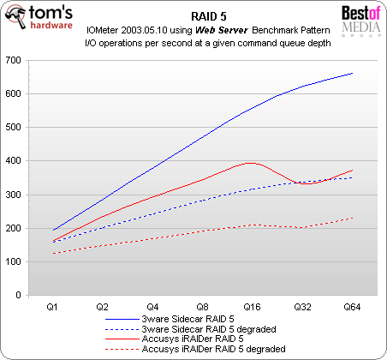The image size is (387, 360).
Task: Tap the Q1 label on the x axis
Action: [x=52, y=305]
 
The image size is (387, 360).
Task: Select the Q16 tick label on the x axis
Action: [x=252, y=305]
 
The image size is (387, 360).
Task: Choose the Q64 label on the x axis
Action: [x=352, y=305]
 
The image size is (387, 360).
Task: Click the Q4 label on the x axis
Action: [x=152, y=305]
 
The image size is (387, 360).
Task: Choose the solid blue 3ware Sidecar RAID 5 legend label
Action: [x=201, y=318]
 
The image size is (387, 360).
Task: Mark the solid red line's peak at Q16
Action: [x=250, y=162]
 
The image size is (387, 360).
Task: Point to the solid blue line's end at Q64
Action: [x=352, y=74]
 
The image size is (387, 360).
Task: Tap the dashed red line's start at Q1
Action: [x=53, y=253]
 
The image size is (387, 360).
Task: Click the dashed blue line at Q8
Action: [x=202, y=201]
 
